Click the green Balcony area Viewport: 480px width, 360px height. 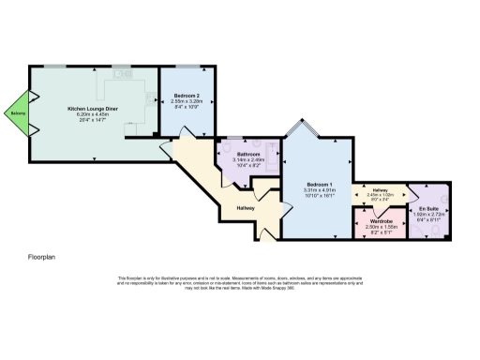(19, 114)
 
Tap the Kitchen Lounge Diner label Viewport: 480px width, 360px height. (91, 109)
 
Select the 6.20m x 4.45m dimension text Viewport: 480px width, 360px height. (91, 114)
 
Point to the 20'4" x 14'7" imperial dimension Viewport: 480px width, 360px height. (91, 120)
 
